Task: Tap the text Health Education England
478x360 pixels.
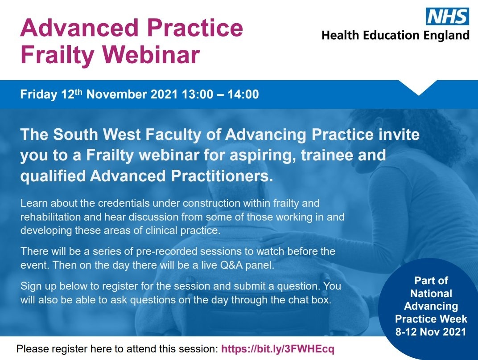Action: pyautogui.click(x=396, y=35)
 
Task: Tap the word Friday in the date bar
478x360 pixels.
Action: pyautogui.click(x=39, y=94)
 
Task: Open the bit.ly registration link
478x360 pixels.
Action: pyautogui.click(x=277, y=348)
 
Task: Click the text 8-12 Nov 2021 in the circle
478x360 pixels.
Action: pyautogui.click(x=431, y=331)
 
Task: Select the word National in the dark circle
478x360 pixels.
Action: pyautogui.click(x=431, y=294)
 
